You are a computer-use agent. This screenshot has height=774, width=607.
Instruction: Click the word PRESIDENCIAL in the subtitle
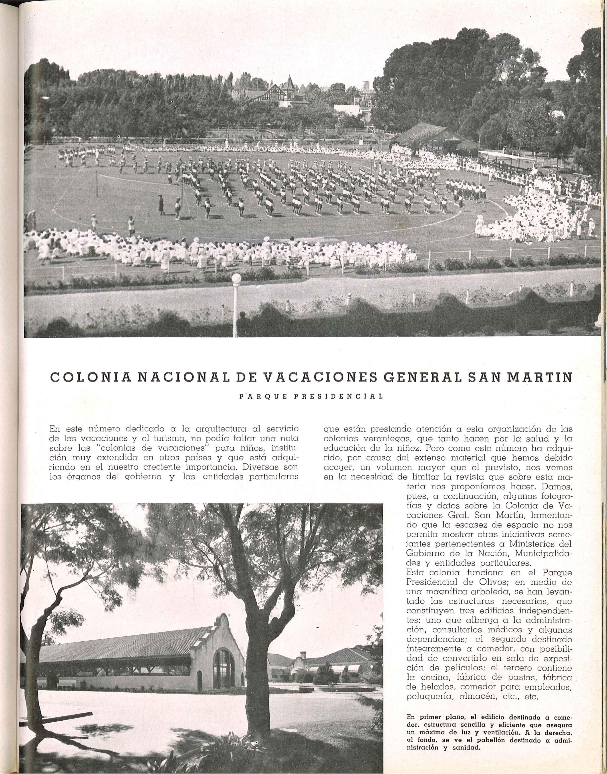(338, 396)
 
